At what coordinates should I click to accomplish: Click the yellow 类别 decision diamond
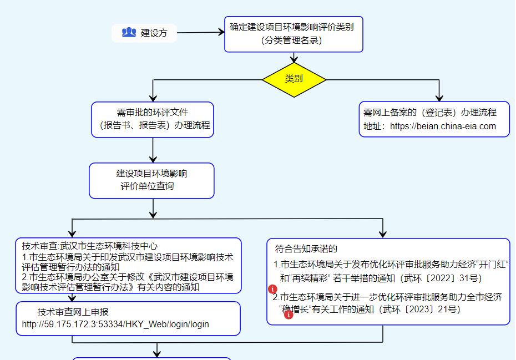pos(294,80)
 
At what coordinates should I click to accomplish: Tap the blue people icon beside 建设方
pos(129,32)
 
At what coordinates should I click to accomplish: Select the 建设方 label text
pos(154,33)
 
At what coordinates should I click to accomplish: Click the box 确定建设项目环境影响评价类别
pos(294,34)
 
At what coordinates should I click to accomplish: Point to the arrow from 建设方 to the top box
pos(201,32)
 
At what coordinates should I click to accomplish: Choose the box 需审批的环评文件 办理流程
pos(153,119)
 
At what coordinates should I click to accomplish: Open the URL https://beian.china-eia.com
pos(443,126)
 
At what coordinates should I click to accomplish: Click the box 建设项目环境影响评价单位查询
pos(151,181)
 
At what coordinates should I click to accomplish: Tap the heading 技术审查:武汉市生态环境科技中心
pos(90,246)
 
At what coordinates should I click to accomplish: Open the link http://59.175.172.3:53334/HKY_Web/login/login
pos(115,324)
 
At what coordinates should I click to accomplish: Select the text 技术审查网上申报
pos(73,312)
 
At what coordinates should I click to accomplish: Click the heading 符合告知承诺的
pos(306,249)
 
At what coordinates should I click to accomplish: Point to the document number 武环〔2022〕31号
pos(443,278)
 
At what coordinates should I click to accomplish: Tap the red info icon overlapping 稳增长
pos(289,315)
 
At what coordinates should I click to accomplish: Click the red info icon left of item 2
pos(272,289)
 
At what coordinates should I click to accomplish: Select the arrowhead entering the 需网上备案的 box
pos(439,98)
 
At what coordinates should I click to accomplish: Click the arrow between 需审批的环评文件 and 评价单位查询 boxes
pos(153,150)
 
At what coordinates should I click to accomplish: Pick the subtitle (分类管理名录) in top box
pos(291,40)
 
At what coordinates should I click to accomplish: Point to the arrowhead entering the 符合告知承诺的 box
pos(382,234)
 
